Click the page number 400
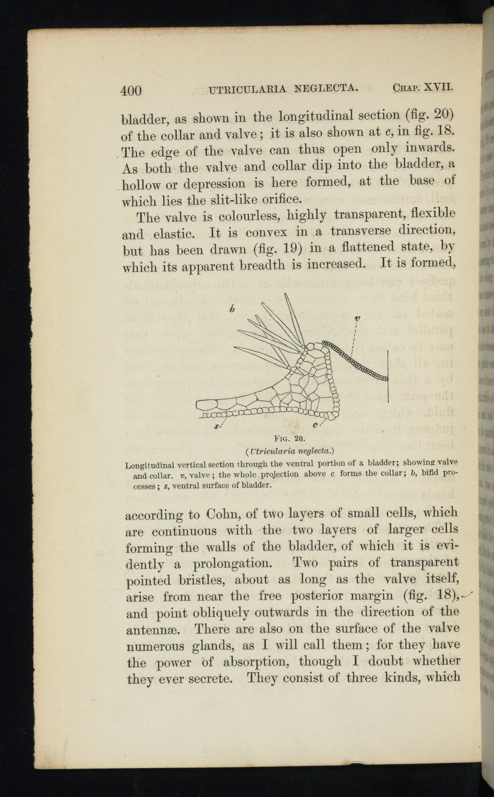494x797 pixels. click(131, 90)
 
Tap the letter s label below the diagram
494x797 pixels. click(216, 427)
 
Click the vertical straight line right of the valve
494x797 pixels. click(388, 376)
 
